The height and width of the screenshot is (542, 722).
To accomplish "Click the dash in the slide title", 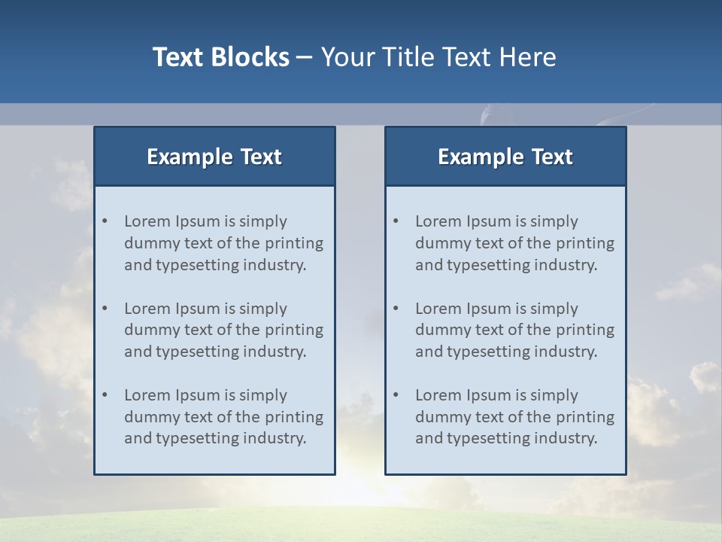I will click(305, 58).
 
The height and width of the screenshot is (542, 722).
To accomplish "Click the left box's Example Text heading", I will click(214, 157).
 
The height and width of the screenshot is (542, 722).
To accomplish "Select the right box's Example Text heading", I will click(505, 157).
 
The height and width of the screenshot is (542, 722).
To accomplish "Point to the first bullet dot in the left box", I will click(105, 221).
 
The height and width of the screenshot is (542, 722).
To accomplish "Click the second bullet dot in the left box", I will click(105, 309).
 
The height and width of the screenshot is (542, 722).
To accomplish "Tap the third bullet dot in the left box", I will click(105, 395).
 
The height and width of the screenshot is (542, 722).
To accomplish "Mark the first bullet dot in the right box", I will click(396, 221).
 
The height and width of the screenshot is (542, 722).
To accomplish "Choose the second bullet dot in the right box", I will click(396, 309).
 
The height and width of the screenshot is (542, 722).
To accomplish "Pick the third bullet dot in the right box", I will click(396, 395).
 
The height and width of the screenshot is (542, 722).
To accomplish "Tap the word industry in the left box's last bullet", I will click(275, 438).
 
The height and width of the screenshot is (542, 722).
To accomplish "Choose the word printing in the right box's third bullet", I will click(584, 417).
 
